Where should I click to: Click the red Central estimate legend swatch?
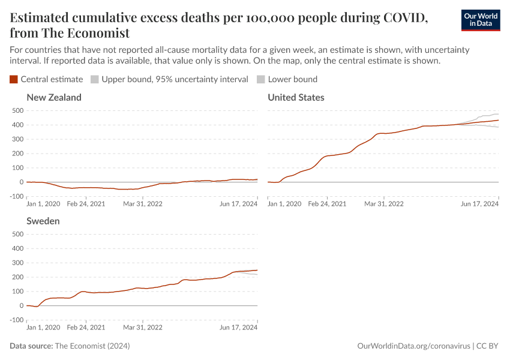[x=14, y=79]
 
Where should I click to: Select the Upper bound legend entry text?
[x=175, y=79]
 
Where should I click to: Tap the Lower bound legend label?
[x=292, y=79]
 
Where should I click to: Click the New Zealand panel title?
[x=54, y=97]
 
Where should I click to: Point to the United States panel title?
[x=296, y=97]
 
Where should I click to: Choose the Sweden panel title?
[x=43, y=221]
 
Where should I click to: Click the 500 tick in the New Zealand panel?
[x=17, y=110]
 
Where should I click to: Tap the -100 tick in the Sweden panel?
[x=16, y=320]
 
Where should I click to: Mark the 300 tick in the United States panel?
[x=259, y=139]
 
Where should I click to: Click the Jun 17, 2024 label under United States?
[x=479, y=204]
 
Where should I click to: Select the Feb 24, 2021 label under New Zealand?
[x=87, y=204]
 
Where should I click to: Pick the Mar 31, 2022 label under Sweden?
[x=143, y=328]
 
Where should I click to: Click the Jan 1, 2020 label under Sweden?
[x=44, y=328]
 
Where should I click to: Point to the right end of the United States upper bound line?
[x=499, y=114]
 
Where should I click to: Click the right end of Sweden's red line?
[x=257, y=270]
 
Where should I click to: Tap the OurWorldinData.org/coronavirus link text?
[x=413, y=346]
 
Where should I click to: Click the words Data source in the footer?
[x=31, y=346]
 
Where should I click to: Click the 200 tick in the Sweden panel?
[x=17, y=277]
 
